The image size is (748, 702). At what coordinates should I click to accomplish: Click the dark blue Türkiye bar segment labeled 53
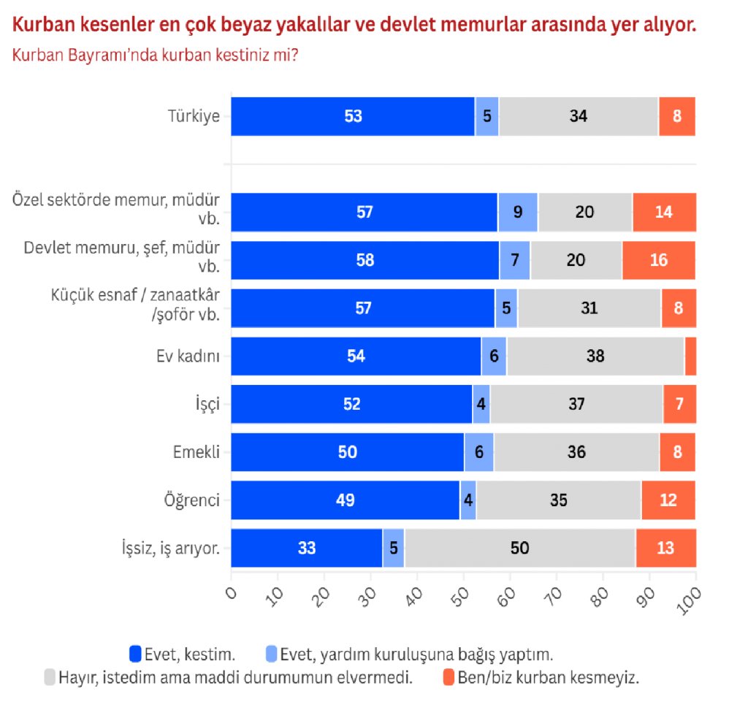[x=353, y=116]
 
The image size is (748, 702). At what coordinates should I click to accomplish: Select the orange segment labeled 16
[x=659, y=260]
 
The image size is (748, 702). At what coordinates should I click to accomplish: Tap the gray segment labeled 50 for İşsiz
[x=519, y=548]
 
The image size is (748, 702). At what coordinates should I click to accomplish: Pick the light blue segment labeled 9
[x=518, y=213]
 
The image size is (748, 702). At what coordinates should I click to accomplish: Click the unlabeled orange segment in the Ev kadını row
[x=690, y=356]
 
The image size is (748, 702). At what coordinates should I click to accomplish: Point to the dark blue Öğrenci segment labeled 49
[x=345, y=500]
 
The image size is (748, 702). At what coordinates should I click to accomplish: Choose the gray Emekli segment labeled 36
[x=576, y=452]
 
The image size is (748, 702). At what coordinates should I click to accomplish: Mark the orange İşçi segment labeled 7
[x=679, y=404]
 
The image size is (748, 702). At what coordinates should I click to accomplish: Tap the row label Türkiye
[x=194, y=116]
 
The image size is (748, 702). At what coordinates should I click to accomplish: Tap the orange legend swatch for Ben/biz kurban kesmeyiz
[x=449, y=676]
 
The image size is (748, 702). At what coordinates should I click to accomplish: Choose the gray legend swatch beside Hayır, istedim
[x=50, y=676]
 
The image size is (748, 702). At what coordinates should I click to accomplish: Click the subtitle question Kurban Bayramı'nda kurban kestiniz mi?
[x=155, y=56]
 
